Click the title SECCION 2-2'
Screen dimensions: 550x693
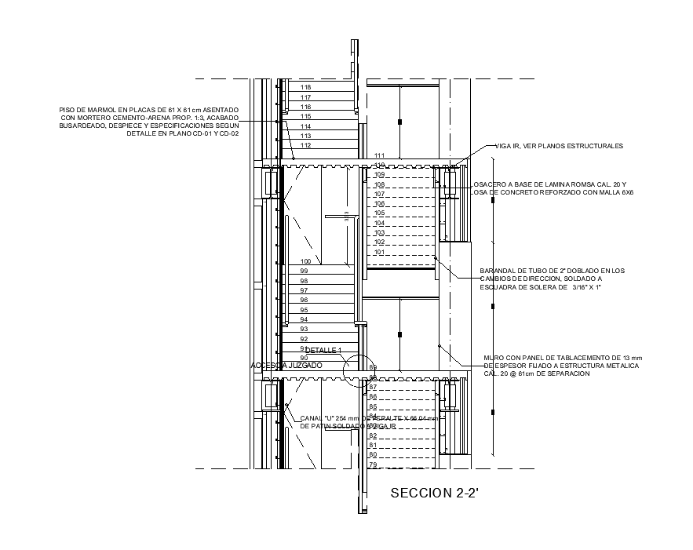(434, 494)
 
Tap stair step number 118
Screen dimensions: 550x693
(306, 87)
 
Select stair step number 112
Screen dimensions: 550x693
(306, 145)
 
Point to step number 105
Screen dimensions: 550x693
(379, 213)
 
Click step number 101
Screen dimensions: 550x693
(379, 252)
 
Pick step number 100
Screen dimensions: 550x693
(306, 261)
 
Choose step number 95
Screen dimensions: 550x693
(304, 310)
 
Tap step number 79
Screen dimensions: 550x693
(374, 465)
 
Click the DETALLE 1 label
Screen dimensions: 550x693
(324, 350)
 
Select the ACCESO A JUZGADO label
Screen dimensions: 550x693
(286, 366)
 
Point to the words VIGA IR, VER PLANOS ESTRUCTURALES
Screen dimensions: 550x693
(559, 146)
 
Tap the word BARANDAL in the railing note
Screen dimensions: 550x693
(497, 271)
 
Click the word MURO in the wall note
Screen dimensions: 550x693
(493, 358)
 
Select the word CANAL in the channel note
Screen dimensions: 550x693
(311, 418)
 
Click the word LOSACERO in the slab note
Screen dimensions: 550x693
(488, 184)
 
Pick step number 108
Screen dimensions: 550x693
(379, 184)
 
